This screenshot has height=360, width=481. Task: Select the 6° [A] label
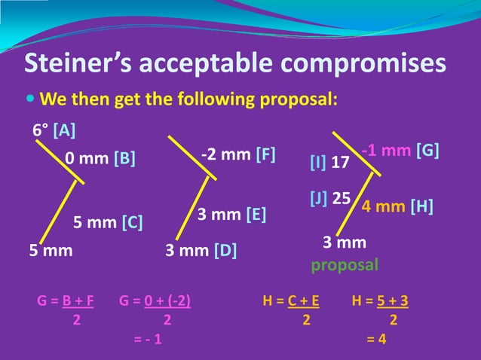(x=54, y=130)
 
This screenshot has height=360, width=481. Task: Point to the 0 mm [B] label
(x=100, y=160)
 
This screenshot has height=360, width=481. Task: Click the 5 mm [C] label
(x=108, y=223)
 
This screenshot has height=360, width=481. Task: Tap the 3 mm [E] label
(x=232, y=215)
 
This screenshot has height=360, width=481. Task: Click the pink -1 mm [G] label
(x=400, y=151)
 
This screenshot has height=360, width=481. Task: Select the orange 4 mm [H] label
(x=397, y=206)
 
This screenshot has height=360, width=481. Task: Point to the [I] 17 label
(x=329, y=162)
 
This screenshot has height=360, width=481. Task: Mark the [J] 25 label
(x=330, y=198)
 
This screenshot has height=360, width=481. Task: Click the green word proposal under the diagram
(x=345, y=265)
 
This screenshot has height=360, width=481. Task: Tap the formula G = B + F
(x=66, y=302)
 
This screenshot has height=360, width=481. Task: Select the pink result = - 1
(x=147, y=338)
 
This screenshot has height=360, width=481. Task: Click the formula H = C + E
(x=290, y=302)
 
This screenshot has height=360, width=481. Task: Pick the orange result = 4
(x=376, y=338)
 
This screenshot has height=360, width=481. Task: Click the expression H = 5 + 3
(x=381, y=302)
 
